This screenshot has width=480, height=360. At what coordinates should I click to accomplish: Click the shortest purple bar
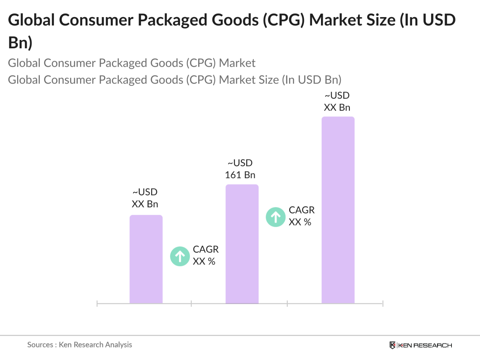point(146,259)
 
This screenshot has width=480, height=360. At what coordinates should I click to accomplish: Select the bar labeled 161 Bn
point(242,244)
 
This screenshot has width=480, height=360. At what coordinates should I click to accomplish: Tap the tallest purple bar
point(338,210)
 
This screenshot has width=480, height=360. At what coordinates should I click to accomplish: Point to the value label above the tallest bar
point(337,102)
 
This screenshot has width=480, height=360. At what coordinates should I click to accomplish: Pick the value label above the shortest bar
point(145,198)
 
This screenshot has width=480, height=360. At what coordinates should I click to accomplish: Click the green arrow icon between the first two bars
point(180,256)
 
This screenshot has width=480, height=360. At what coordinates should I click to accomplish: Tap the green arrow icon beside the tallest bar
point(276,217)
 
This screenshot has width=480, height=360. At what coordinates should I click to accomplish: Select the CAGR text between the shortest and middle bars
point(205,255)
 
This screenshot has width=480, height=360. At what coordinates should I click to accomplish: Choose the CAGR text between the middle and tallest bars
point(301,216)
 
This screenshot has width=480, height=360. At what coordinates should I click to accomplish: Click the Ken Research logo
point(421,345)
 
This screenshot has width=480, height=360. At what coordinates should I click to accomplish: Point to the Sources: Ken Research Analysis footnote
point(79,345)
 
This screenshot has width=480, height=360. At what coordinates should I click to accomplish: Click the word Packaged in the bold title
point(181,20)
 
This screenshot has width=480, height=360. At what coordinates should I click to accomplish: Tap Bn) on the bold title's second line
point(20,43)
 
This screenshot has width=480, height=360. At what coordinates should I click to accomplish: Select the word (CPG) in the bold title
point(284,20)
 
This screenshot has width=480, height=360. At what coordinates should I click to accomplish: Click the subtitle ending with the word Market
point(131,63)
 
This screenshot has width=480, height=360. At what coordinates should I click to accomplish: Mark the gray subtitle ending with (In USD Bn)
point(174,80)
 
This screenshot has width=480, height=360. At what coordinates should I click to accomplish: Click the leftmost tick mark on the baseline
point(97,304)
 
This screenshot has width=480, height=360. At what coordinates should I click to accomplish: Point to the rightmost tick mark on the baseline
point(383,304)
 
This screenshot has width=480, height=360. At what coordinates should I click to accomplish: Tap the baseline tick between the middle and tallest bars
point(287,304)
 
